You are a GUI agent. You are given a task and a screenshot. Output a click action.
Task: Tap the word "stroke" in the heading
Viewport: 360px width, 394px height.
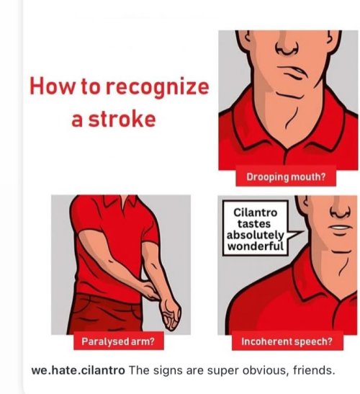[122, 119]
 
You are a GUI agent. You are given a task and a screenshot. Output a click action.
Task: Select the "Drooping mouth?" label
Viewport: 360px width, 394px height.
[286, 177]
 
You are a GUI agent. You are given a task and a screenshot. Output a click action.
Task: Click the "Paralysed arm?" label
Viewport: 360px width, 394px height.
[118, 341]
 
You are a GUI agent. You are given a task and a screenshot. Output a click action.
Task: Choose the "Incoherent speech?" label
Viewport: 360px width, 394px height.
[287, 341]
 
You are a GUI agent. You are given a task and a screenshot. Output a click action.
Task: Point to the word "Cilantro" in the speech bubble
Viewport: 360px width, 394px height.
[256, 212]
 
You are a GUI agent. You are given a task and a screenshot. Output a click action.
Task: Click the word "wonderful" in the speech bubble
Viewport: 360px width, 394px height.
[256, 246]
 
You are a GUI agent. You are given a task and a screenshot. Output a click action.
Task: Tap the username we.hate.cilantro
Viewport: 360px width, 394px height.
[78, 370]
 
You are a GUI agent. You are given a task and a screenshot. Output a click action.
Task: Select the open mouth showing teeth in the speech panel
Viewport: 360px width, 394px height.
[341, 228]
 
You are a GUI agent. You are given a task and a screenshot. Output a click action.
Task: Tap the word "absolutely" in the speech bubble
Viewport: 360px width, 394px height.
[255, 236]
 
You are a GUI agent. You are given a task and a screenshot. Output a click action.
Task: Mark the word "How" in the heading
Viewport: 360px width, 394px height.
[53, 86]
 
